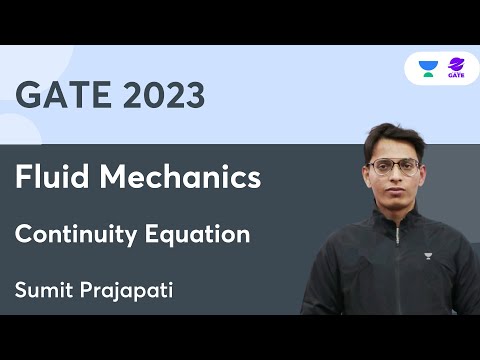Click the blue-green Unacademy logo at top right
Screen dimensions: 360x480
pyautogui.click(x=428, y=68)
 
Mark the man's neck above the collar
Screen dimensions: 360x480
pyautogui.click(x=395, y=214)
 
